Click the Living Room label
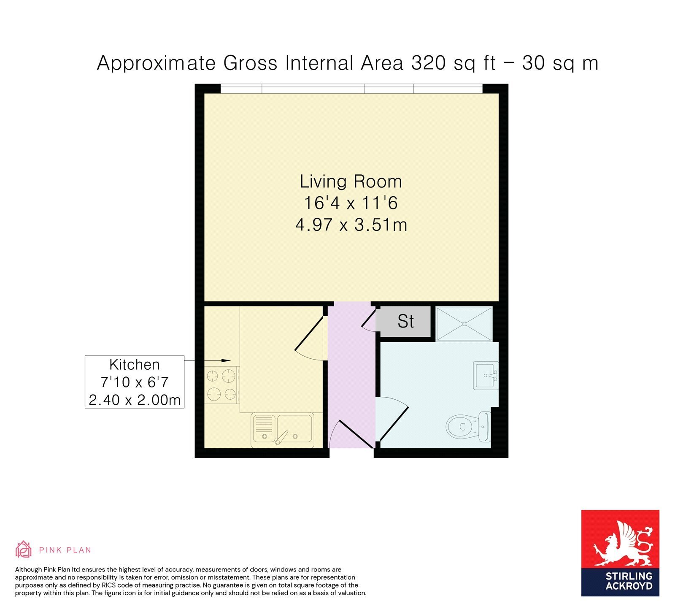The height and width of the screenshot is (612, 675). pos(351,181)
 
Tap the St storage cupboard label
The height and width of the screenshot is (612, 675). pos(406,322)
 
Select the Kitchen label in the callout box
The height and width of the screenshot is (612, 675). pos(135,365)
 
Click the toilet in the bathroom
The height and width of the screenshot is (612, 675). pos(468,426)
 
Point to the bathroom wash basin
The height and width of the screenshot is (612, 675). pos(486,375)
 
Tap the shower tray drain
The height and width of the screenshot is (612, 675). pos(464,324)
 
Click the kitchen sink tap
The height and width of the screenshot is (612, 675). pos(281,437)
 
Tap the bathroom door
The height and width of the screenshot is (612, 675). pos(392,423)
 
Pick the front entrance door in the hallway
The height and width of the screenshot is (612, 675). pos(351,434)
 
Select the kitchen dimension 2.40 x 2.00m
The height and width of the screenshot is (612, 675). pos(135,400)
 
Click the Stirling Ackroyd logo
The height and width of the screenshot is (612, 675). pos(620,553)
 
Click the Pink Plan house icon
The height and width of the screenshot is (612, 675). pos(24,549)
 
